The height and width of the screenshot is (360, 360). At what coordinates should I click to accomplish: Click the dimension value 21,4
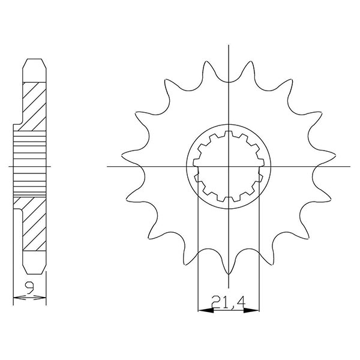click(229, 301)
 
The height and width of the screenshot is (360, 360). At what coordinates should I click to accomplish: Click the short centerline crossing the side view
click(30, 166)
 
